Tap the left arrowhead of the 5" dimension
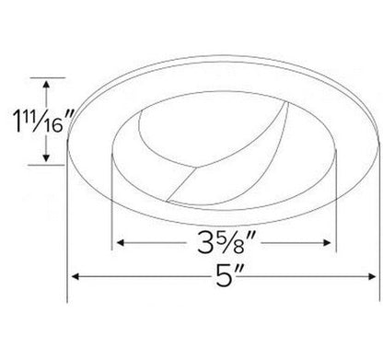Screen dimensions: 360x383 pos(74,277)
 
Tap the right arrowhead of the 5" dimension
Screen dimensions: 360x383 pos(371,277)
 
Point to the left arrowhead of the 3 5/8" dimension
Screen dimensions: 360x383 pos(118,245)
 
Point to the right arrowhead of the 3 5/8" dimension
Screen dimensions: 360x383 pos(331,245)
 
